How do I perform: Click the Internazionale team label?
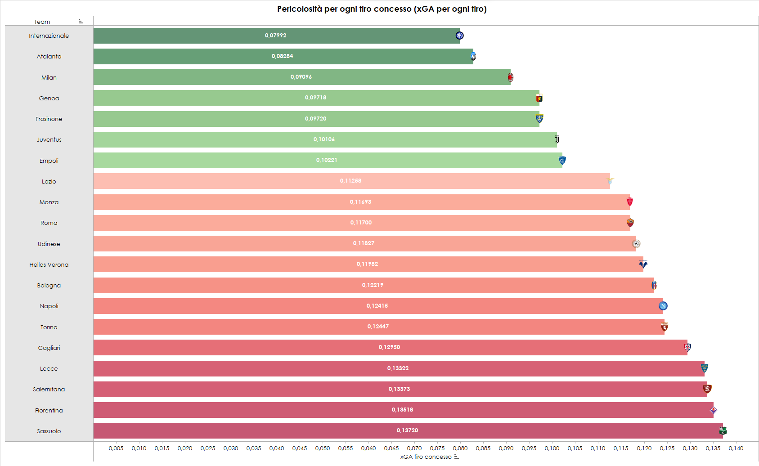coord(49,36)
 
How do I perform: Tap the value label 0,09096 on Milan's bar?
coord(301,77)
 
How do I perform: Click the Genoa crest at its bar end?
coord(539,98)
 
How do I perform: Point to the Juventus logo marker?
coord(557,139)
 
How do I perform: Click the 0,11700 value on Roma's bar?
coord(361,223)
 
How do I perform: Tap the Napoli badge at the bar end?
coord(663,306)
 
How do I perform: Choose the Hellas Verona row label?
coord(49,264)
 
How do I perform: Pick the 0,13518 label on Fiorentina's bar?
coord(402,410)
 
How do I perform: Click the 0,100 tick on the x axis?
coord(552,448)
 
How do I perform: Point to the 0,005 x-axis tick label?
coord(116,448)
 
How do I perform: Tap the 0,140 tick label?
coord(736,448)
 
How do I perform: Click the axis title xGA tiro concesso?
coord(426,457)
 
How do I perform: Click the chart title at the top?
coord(382,9)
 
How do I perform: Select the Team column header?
coord(42,22)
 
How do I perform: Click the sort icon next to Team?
coord(81,21)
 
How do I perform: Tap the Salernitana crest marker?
coord(707,389)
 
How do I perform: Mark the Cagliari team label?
coord(49,348)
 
